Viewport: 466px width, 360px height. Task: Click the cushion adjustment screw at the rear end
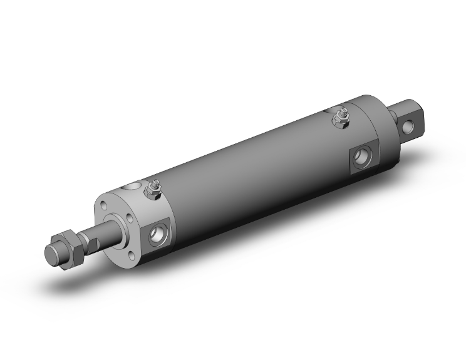pos(342,116)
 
